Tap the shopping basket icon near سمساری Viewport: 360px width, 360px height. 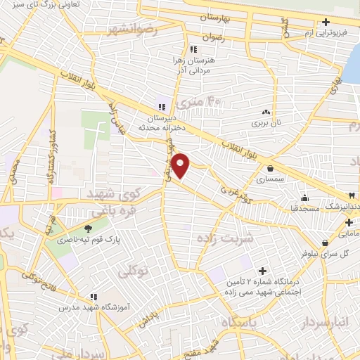[x=271, y=167]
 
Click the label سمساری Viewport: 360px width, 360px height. [x=271, y=180]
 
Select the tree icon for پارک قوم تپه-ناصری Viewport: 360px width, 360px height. [x=88, y=228]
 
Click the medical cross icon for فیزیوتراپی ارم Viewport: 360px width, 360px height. [x=326, y=22]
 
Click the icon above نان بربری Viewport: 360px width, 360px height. [x=266, y=112]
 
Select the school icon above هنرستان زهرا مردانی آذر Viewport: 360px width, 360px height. [x=193, y=49]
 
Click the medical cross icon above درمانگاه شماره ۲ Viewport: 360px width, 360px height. [x=263, y=271]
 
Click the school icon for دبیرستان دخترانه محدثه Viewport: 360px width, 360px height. [x=162, y=108]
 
